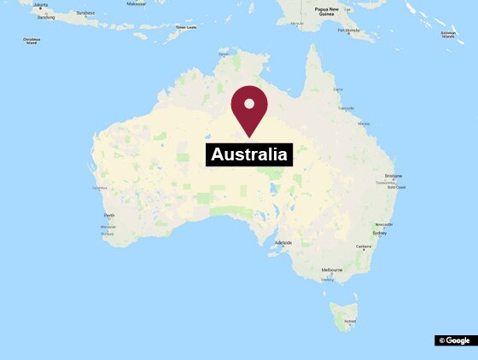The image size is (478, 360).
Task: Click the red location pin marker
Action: pos(249,107)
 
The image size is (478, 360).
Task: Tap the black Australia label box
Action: pos(249,154)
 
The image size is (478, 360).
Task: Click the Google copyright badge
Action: pos(455,340)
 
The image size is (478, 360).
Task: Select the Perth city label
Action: pos(108,216)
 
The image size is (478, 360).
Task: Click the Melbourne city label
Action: pos(332,270)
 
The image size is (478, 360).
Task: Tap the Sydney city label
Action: pos(380,233)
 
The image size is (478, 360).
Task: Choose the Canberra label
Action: pos(364,247)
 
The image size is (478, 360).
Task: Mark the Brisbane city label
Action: pos(393,176)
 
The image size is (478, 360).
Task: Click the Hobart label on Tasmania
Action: pos(348,322)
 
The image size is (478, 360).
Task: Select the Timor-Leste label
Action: pos(186,28)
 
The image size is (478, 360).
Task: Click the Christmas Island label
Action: pos(32,39)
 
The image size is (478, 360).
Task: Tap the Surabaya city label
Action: pos(85,14)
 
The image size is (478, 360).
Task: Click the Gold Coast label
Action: pos(396,187)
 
